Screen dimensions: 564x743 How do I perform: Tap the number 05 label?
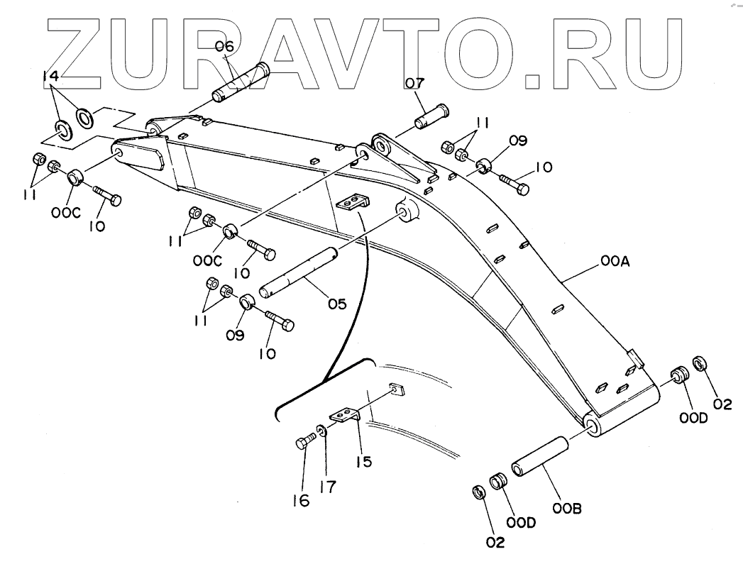tap(336, 304)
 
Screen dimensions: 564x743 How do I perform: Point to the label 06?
tap(225, 48)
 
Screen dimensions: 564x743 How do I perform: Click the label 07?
tap(414, 84)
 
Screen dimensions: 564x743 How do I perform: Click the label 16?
tap(301, 500)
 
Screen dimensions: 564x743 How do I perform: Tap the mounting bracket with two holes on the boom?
tap(350, 203)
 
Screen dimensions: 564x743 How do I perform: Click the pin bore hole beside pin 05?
tap(405, 211)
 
